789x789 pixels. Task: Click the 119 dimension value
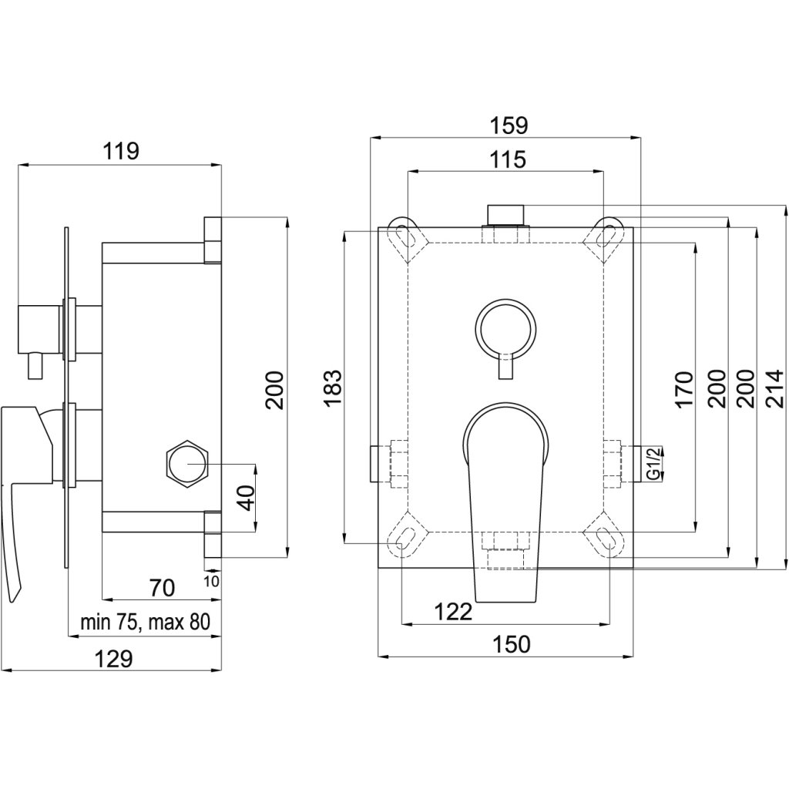click(122, 151)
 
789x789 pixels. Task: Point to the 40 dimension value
click(245, 497)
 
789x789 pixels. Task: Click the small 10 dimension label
click(213, 580)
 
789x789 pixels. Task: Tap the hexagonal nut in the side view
click(187, 464)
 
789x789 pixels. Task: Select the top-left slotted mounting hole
click(404, 234)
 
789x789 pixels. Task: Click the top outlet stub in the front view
click(505, 213)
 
